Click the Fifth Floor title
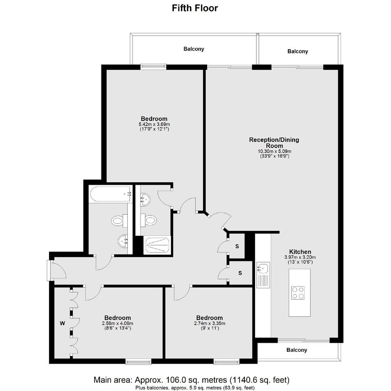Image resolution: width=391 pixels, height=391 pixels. click(x=195, y=8)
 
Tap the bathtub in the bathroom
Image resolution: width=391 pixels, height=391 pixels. click(x=111, y=194)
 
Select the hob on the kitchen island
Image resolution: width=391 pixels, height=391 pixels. click(x=298, y=293)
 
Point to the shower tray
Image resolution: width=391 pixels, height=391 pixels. click(x=157, y=245)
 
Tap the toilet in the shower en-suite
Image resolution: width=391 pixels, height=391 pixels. click(x=148, y=220)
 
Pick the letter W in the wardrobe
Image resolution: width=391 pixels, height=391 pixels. click(x=62, y=324)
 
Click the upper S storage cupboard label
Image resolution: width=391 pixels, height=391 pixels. click(x=237, y=246)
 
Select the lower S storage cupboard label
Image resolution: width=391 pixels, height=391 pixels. click(x=240, y=273)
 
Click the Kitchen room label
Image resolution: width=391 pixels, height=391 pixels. click(x=300, y=252)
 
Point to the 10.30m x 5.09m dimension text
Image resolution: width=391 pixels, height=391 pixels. click(x=274, y=151)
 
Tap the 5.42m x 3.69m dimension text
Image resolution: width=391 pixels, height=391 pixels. click(x=154, y=124)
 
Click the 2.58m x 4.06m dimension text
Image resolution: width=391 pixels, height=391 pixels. click(x=118, y=324)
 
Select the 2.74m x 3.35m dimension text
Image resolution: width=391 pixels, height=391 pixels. click(x=210, y=324)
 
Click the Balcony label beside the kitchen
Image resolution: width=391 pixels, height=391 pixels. click(x=297, y=350)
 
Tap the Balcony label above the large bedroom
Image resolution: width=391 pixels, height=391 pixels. click(x=194, y=49)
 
